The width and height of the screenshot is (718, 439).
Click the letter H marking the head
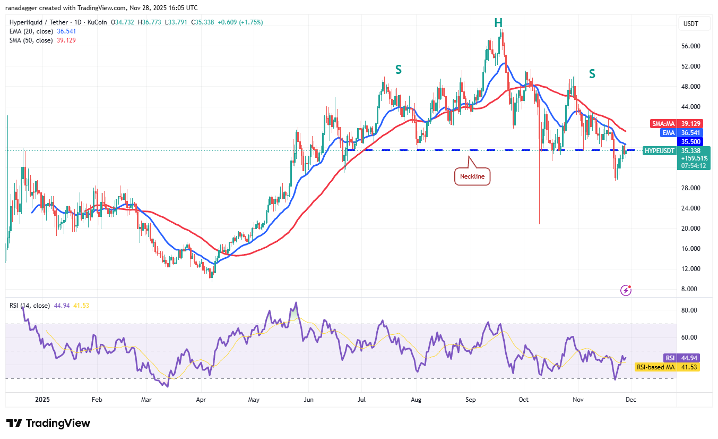498,22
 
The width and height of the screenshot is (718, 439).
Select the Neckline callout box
472,176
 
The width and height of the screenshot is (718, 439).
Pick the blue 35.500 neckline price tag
693,141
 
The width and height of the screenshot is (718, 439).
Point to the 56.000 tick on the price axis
691,46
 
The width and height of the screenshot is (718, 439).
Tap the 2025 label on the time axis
41,399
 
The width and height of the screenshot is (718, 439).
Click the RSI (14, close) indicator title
30,306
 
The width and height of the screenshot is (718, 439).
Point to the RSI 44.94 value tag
687,358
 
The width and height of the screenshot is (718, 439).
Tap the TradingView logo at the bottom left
48,423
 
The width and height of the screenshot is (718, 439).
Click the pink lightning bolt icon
626,290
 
